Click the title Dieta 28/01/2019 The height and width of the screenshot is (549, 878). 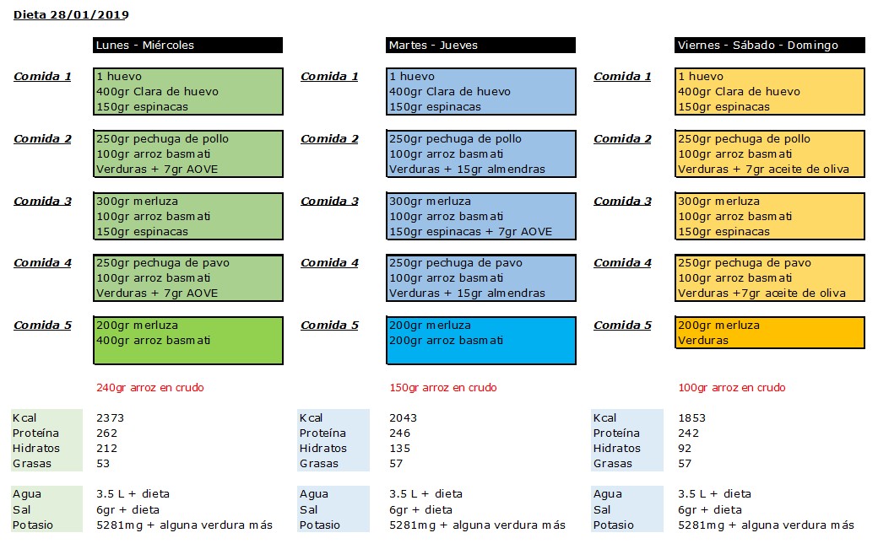(x=71, y=14)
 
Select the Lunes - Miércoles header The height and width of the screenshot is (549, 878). (x=187, y=46)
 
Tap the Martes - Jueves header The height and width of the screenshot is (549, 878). (x=480, y=46)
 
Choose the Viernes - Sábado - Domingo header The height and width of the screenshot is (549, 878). (x=769, y=46)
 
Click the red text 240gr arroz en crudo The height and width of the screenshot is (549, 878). (x=150, y=387)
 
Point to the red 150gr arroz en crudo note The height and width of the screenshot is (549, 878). (x=443, y=387)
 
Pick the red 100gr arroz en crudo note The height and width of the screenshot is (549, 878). (x=732, y=387)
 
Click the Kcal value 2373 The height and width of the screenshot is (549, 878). (x=111, y=417)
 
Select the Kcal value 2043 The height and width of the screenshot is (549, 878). (x=404, y=417)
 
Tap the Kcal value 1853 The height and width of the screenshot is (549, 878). (x=692, y=417)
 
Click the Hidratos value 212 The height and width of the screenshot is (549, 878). (x=107, y=448)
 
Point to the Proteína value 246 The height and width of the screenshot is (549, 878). (x=400, y=433)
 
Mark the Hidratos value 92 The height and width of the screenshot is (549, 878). (x=685, y=448)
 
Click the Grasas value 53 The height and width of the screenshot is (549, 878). (x=103, y=463)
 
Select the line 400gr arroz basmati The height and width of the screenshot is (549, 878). (x=154, y=340)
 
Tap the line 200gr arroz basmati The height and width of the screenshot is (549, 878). (x=447, y=340)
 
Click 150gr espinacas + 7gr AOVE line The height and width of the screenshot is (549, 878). (x=471, y=231)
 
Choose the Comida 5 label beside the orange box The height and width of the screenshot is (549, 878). (x=623, y=325)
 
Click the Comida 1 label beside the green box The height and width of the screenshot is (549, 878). (x=42, y=76)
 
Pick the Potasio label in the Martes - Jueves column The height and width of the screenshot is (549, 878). (x=320, y=525)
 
